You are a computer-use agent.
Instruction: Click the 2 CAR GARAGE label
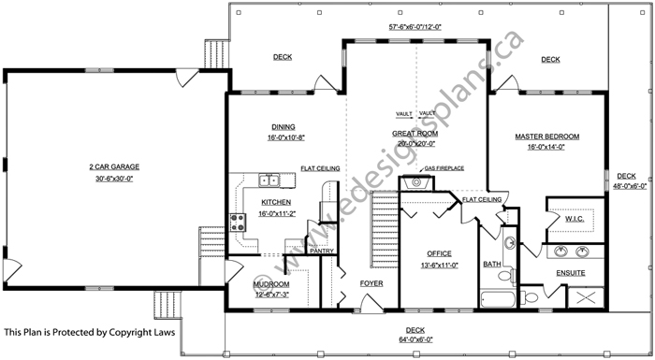click(x=114, y=166)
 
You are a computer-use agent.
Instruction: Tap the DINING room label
click(x=284, y=127)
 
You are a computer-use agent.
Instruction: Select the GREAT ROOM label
click(x=415, y=134)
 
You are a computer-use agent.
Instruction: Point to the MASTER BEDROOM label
click(x=546, y=137)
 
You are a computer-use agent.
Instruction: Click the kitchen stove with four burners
click(x=238, y=223)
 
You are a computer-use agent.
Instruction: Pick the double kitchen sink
click(x=269, y=180)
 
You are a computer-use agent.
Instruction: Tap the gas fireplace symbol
click(x=416, y=183)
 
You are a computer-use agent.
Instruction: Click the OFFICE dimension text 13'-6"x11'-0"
click(x=440, y=266)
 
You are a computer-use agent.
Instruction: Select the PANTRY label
click(x=322, y=251)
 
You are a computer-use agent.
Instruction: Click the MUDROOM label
click(x=271, y=284)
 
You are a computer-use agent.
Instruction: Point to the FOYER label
click(x=371, y=283)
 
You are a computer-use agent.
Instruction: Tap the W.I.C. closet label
click(x=575, y=219)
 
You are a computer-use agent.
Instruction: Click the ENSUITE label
click(x=571, y=273)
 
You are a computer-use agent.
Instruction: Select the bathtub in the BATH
click(x=498, y=299)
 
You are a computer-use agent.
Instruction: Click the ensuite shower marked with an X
click(x=586, y=298)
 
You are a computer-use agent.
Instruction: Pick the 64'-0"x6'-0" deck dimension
click(x=415, y=340)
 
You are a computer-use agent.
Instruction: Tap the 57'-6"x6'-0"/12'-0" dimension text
click(x=415, y=27)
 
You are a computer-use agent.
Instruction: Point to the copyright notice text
click(x=90, y=333)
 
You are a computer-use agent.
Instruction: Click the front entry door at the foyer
click(x=372, y=303)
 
